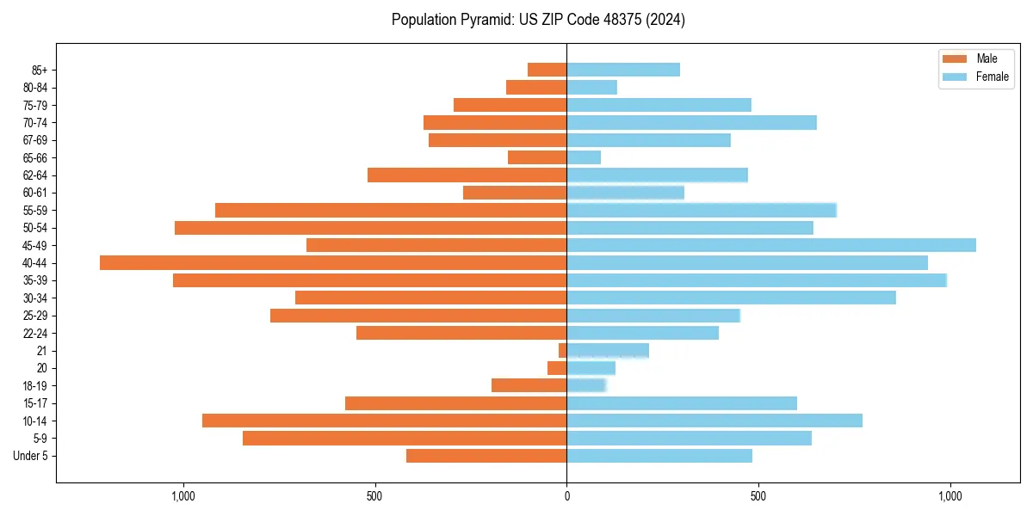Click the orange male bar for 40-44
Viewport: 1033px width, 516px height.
tap(333, 262)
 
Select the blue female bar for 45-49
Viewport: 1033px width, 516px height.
tap(771, 245)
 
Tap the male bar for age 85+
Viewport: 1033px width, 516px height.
tap(547, 70)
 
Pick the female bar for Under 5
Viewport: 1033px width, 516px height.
tap(659, 456)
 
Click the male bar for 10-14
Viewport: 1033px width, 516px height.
tap(384, 421)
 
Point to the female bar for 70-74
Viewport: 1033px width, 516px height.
tap(691, 122)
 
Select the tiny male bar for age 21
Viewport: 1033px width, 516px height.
tap(562, 351)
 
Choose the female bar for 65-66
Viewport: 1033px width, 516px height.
tap(584, 157)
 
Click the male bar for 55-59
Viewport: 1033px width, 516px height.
tap(391, 210)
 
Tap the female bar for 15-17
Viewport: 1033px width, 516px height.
tap(682, 403)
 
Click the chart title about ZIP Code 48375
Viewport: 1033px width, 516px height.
tap(538, 20)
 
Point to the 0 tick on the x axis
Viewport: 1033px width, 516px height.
tap(566, 496)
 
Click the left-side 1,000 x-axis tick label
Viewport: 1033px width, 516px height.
tap(183, 496)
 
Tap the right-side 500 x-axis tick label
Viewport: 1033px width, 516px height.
tap(758, 496)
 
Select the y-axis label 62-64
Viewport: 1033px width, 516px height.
tap(35, 175)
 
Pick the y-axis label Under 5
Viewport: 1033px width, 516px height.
tap(31, 456)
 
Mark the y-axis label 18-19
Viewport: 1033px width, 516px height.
tap(35, 386)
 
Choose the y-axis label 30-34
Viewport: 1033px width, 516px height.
tap(35, 298)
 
